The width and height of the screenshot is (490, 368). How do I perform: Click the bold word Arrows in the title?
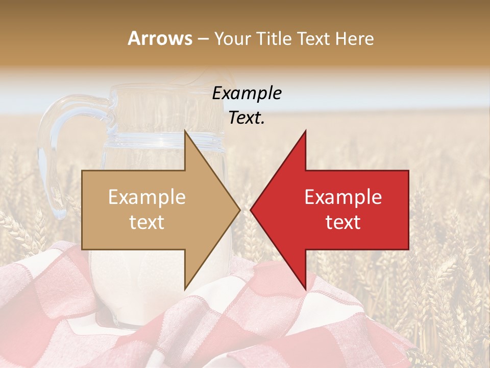[x=160, y=38]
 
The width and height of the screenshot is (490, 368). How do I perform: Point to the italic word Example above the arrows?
[x=247, y=93]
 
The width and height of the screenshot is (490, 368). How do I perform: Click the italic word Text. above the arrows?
[x=247, y=118]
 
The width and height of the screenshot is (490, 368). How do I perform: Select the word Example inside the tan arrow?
[x=147, y=197]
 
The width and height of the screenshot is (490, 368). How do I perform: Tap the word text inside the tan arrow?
[x=147, y=222]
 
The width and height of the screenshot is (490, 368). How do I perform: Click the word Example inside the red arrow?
[x=343, y=197]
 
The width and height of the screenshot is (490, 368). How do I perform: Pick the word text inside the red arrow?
[x=343, y=222]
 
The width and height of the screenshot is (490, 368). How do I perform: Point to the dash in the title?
[x=203, y=39]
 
